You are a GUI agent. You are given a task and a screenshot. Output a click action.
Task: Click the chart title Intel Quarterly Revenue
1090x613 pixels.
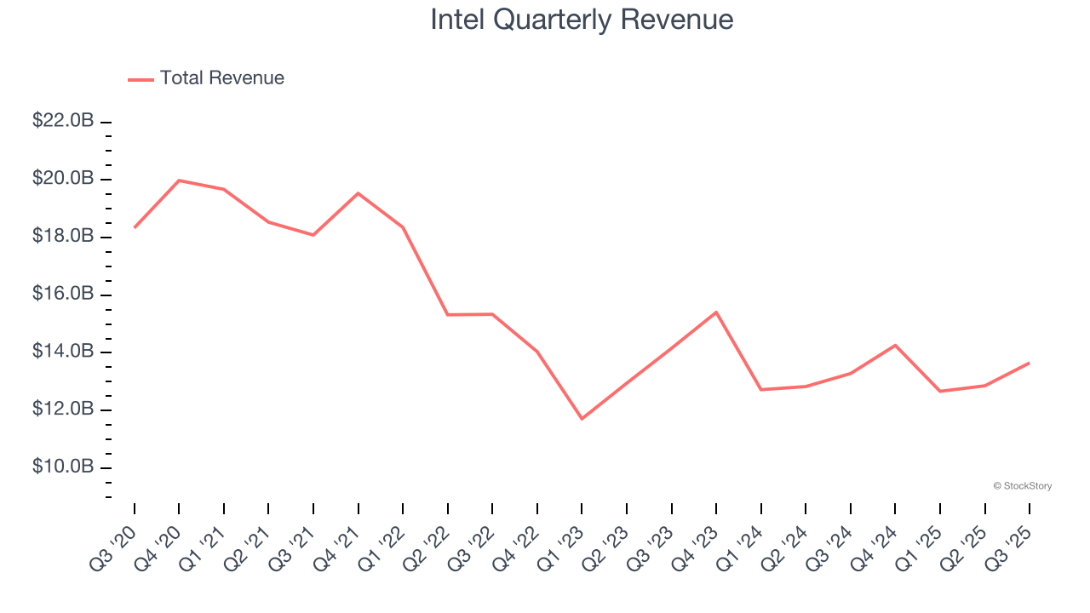[x=582, y=20]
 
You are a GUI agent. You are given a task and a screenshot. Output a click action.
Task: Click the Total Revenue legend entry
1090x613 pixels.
[x=206, y=78]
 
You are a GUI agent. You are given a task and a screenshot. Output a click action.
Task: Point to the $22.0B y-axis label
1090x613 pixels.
[x=63, y=121]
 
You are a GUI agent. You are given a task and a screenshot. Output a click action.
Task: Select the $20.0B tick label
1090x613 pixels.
[x=63, y=179]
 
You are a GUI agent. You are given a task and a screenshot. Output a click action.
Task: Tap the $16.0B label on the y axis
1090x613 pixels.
[x=63, y=294]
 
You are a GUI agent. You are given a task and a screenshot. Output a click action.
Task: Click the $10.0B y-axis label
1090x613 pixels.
[x=63, y=467]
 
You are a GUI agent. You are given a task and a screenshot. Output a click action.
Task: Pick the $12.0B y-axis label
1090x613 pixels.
[x=63, y=410]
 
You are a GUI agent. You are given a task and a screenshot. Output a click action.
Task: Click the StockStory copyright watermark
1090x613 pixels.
[x=1022, y=486]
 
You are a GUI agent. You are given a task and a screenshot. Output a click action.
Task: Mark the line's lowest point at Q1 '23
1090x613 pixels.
[x=582, y=419]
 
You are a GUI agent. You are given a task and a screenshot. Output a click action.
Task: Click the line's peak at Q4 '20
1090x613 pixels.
[x=179, y=180]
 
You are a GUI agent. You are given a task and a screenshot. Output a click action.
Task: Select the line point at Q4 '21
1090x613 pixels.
[x=358, y=193]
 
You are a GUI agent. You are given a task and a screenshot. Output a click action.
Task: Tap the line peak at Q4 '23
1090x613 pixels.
[x=716, y=312]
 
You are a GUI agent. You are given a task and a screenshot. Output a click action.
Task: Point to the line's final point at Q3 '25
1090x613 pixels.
[x=1029, y=363]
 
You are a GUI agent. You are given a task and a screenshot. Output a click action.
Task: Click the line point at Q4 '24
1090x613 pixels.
[x=895, y=345]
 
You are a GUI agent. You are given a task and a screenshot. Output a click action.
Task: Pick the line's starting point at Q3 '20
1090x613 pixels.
[x=135, y=227]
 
